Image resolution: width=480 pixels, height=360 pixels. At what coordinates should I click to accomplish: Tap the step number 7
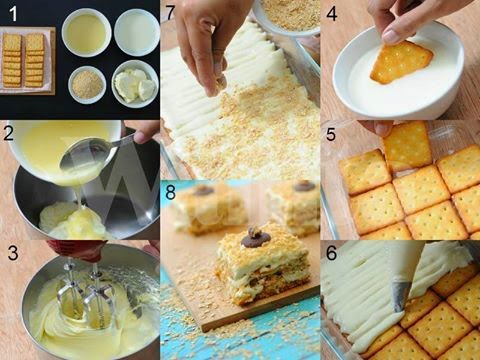tap(170, 12)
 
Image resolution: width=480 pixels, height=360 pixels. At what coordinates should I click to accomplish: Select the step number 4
tap(331, 13)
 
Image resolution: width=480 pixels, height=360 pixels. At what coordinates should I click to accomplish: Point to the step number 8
tap(170, 193)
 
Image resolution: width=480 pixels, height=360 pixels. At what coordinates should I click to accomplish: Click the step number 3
tap(10, 253)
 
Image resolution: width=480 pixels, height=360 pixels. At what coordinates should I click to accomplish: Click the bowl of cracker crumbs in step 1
tap(87, 84)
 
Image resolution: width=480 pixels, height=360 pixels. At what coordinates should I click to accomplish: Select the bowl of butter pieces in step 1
tap(135, 84)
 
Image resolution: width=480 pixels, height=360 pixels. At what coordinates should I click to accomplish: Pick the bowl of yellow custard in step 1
tap(86, 33)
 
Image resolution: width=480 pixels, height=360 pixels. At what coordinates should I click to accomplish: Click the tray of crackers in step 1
tap(24, 60)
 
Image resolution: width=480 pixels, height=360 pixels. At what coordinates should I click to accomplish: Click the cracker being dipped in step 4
tap(399, 62)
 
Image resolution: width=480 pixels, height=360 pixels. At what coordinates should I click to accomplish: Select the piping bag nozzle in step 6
tap(401, 294)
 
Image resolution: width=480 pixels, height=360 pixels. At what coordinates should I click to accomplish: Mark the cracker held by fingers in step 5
tap(408, 145)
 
